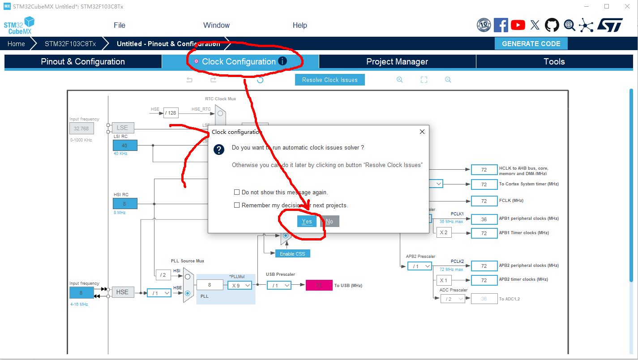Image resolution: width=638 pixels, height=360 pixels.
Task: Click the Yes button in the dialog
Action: (307, 221)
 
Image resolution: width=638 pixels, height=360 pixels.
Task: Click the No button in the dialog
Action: (330, 221)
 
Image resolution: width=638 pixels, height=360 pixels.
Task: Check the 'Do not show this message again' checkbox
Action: (237, 192)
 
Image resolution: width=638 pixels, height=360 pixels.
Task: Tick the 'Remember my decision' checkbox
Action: (237, 205)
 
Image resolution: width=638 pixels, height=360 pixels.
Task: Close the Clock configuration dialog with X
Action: (422, 132)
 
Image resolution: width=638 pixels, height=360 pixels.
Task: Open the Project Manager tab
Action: (397, 62)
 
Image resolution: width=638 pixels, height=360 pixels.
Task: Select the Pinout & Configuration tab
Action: (83, 62)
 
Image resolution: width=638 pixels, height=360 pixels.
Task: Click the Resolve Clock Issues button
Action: (330, 80)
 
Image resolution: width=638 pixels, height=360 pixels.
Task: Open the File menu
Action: (120, 25)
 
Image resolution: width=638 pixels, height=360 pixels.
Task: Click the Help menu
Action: (300, 25)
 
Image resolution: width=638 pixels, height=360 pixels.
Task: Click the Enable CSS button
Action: (292, 253)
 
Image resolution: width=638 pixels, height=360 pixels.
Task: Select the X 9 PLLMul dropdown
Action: (240, 285)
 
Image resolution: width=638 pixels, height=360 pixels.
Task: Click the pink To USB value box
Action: (319, 285)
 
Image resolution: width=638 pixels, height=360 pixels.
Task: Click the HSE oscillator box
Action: (122, 292)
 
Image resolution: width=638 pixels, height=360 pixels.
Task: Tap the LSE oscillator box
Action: (122, 128)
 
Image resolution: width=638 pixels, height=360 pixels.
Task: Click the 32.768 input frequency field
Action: (81, 129)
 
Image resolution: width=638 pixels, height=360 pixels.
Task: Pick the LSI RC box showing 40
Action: (125, 146)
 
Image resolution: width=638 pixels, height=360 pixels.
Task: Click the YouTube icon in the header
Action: (518, 25)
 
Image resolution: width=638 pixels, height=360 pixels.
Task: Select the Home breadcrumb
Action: (16, 43)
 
